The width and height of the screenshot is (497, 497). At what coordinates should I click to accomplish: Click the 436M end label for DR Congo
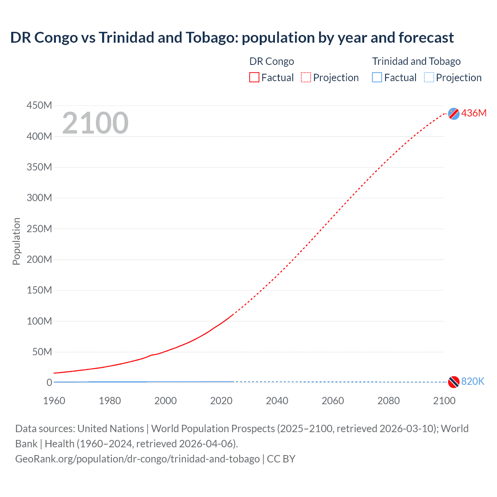pyautogui.click(x=474, y=113)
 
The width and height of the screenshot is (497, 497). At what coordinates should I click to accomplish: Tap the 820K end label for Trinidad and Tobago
pyautogui.click(x=473, y=381)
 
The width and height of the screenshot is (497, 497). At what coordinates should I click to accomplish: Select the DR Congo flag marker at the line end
pyautogui.click(x=454, y=113)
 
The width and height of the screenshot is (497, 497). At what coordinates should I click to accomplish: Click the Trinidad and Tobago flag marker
pyautogui.click(x=454, y=382)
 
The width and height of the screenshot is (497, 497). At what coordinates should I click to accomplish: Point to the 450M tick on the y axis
pyautogui.click(x=39, y=106)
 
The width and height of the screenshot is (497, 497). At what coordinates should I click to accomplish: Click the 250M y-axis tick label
pyautogui.click(x=39, y=229)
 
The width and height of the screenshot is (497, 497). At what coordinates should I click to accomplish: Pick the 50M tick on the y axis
pyautogui.click(x=42, y=352)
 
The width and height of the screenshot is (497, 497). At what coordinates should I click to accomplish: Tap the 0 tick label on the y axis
pyautogui.click(x=49, y=382)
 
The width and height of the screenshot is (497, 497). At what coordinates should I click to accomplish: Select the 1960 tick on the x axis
pyautogui.click(x=54, y=401)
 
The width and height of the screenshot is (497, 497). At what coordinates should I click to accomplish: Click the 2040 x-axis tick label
pyautogui.click(x=277, y=401)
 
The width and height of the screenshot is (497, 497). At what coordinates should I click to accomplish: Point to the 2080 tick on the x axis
pyautogui.click(x=388, y=401)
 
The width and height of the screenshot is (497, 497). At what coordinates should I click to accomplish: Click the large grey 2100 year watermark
pyautogui.click(x=95, y=123)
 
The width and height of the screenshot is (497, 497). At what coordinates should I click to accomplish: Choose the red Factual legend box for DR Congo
pyautogui.click(x=254, y=78)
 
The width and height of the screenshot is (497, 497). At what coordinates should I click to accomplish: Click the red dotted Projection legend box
pyautogui.click(x=306, y=78)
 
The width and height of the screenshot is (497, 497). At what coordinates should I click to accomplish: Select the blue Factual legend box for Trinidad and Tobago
pyautogui.click(x=377, y=78)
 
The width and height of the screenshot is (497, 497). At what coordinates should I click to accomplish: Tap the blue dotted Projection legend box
pyautogui.click(x=429, y=78)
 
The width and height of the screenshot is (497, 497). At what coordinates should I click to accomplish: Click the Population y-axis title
pyautogui.click(x=16, y=241)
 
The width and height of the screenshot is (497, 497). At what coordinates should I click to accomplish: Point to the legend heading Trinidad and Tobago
pyautogui.click(x=416, y=61)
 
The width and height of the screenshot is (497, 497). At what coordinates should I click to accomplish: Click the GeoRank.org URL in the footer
pyautogui.click(x=137, y=459)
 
